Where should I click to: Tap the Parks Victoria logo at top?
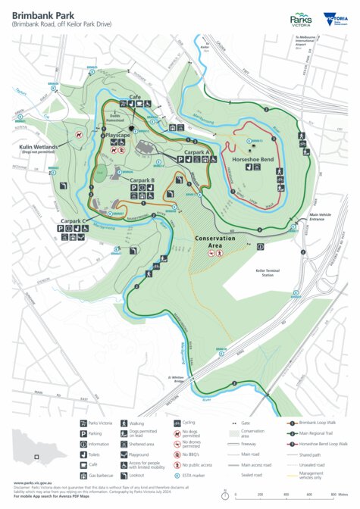pyautogui.click(x=300, y=20)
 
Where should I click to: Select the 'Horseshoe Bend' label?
pyautogui.click(x=254, y=161)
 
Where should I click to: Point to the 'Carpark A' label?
pyautogui.click(x=196, y=152)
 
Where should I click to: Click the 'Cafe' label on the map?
pyautogui.click(x=136, y=98)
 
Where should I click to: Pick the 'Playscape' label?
pyautogui.click(x=118, y=134)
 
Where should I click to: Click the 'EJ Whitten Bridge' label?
pyautogui.click(x=157, y=378)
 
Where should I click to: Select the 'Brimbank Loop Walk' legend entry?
pyautogui.click(x=315, y=422)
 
